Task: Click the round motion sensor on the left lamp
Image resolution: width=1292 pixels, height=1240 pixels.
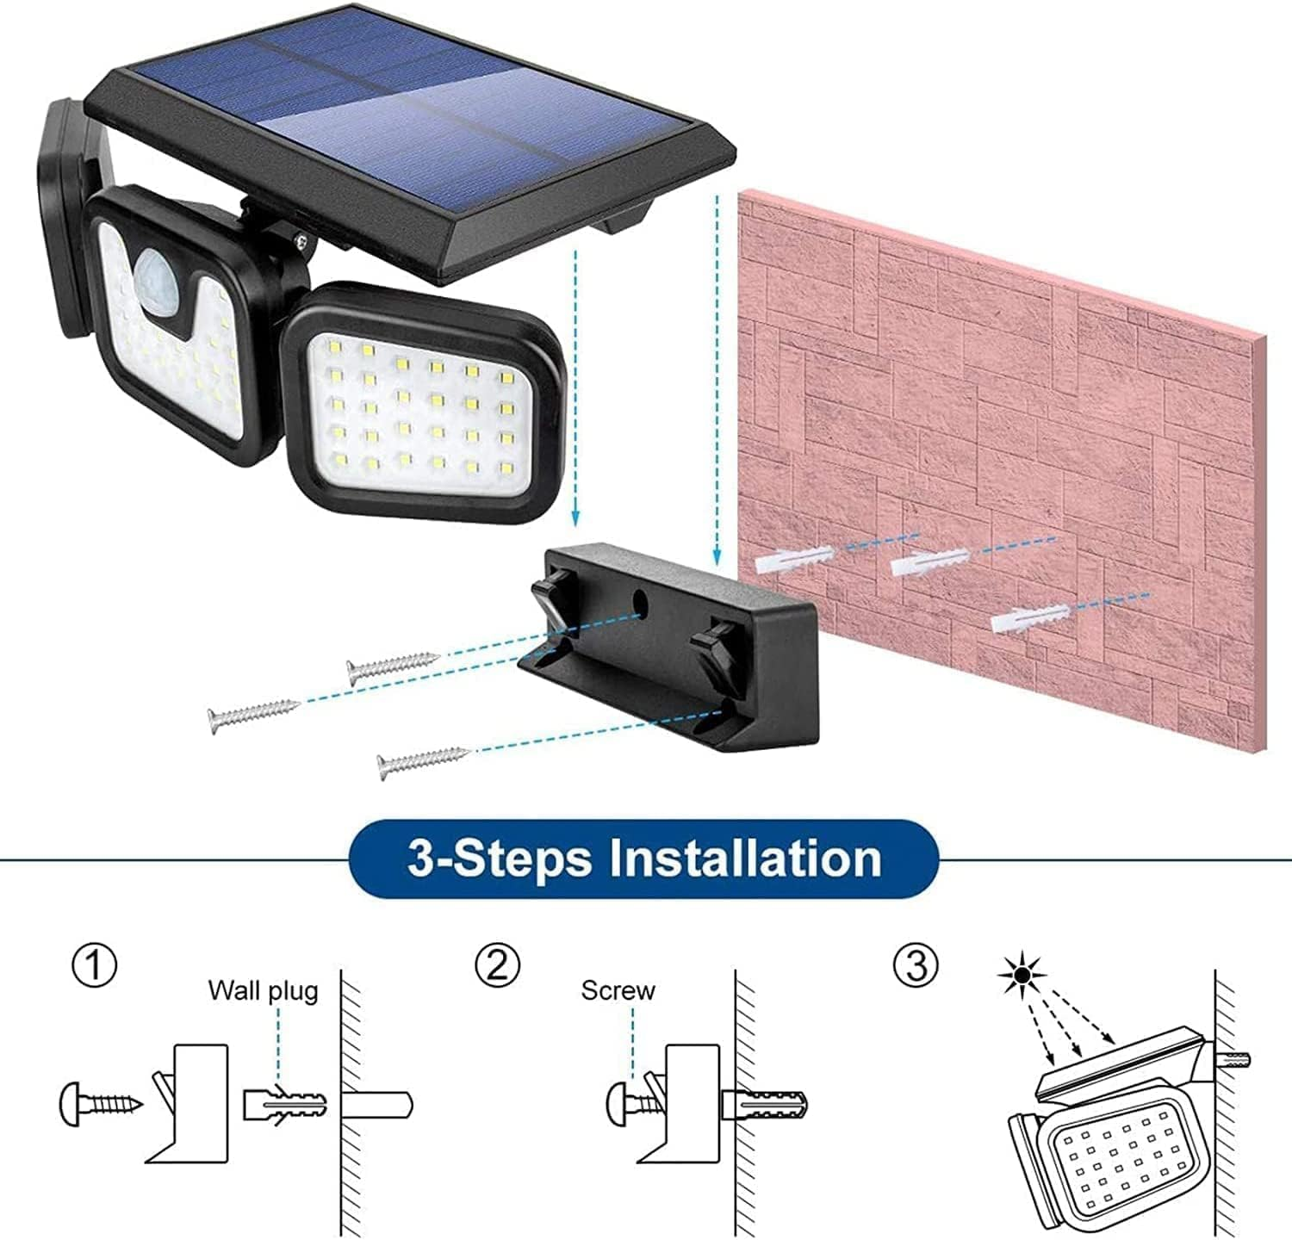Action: [153, 269]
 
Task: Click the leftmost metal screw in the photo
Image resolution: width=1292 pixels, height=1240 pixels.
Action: [253, 712]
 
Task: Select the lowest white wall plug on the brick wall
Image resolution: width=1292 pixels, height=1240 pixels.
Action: [1030, 617]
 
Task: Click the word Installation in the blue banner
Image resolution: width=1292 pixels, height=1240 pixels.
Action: [746, 859]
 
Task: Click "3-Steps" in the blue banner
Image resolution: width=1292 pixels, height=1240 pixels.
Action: [500, 859]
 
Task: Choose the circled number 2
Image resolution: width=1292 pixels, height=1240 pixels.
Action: [498, 965]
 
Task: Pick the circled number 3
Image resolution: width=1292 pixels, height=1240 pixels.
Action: [915, 965]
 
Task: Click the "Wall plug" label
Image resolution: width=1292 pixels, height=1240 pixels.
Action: [263, 990]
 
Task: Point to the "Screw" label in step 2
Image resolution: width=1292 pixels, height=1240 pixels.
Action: [618, 990]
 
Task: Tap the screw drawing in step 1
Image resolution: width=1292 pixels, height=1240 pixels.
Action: [100, 1103]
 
